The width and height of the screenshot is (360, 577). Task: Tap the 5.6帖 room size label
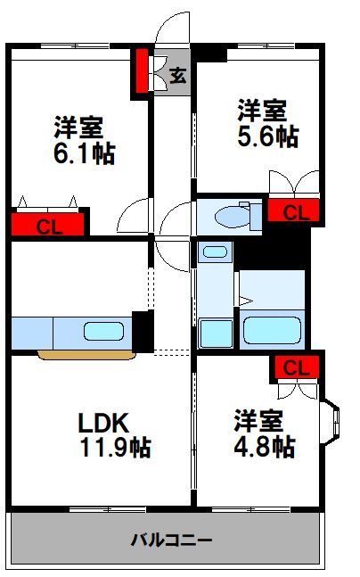tap(267, 136)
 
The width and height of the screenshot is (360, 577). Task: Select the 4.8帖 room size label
tap(265, 446)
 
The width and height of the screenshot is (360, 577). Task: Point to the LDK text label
tap(103, 420)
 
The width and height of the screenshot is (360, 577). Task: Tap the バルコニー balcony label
tap(171, 540)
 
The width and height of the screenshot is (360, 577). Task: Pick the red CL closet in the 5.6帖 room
tap(296, 212)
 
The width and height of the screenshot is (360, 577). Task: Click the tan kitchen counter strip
tap(86, 354)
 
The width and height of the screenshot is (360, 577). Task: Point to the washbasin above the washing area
tap(214, 251)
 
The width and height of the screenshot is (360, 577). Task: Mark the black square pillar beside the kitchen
tap(143, 329)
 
